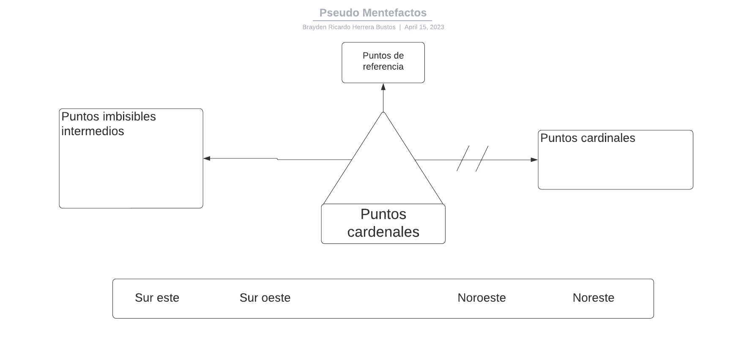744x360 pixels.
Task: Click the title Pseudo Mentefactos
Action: pos(372,13)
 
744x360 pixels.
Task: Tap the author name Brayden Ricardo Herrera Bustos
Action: pos(349,27)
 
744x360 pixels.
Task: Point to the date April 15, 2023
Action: pos(424,27)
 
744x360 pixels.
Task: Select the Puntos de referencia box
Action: pos(383,62)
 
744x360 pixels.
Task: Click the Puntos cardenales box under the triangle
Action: pos(383,224)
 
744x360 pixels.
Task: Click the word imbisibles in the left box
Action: pos(129,117)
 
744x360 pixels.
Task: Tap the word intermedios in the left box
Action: pos(93,131)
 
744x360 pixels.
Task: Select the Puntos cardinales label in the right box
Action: pos(588,138)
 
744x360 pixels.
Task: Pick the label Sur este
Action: pos(157,298)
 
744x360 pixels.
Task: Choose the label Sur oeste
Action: pos(265,298)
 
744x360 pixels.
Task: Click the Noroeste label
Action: pos(481,298)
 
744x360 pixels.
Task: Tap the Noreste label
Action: pos(593,298)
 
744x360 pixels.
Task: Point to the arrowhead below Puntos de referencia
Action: pos(383,87)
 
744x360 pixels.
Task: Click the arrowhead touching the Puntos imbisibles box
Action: pos(207,158)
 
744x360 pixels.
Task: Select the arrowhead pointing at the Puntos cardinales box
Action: pos(534,160)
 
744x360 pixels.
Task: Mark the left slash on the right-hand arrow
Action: pos(463,158)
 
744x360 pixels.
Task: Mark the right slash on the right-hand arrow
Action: pos(482,158)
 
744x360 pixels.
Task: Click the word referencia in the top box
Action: pos(383,67)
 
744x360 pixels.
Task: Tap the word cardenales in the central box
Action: pos(383,232)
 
